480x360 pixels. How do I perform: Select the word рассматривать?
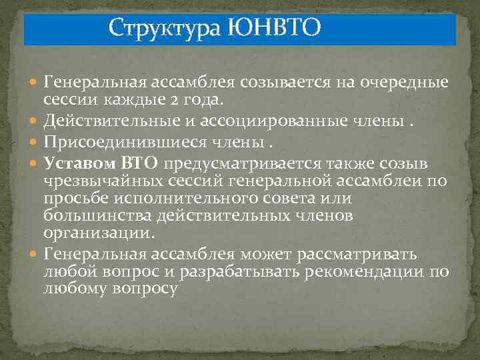pyautogui.click(x=361, y=253)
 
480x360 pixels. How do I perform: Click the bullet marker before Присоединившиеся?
pyautogui.click(x=34, y=142)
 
